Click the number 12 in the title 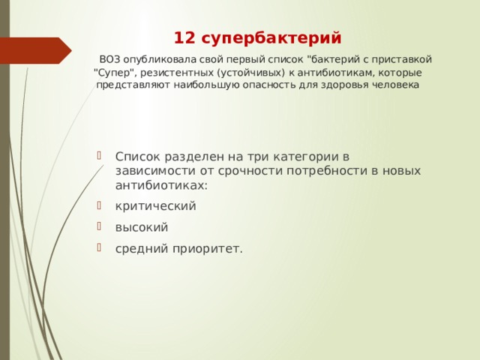point(184,37)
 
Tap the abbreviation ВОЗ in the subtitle point(109,59)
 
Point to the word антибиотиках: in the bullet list point(161,184)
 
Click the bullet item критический point(156,205)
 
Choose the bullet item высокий point(142,226)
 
